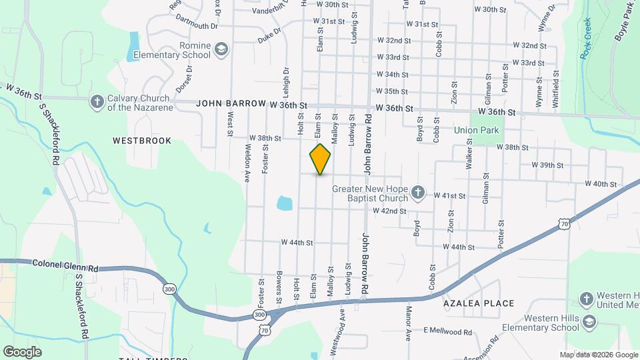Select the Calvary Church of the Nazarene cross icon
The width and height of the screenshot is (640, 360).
(97, 101)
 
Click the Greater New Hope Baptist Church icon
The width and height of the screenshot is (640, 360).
(417, 193)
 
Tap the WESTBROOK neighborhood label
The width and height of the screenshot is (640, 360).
(142, 141)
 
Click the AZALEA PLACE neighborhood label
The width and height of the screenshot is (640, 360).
(479, 303)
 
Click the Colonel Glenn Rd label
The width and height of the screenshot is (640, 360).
(65, 265)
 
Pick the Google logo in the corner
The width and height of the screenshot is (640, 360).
(22, 351)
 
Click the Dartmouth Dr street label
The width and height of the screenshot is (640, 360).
(197, 23)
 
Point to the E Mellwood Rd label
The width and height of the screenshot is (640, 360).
(447, 331)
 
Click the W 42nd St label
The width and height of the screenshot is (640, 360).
(389, 211)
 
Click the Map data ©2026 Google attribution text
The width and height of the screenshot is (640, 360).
(598, 355)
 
